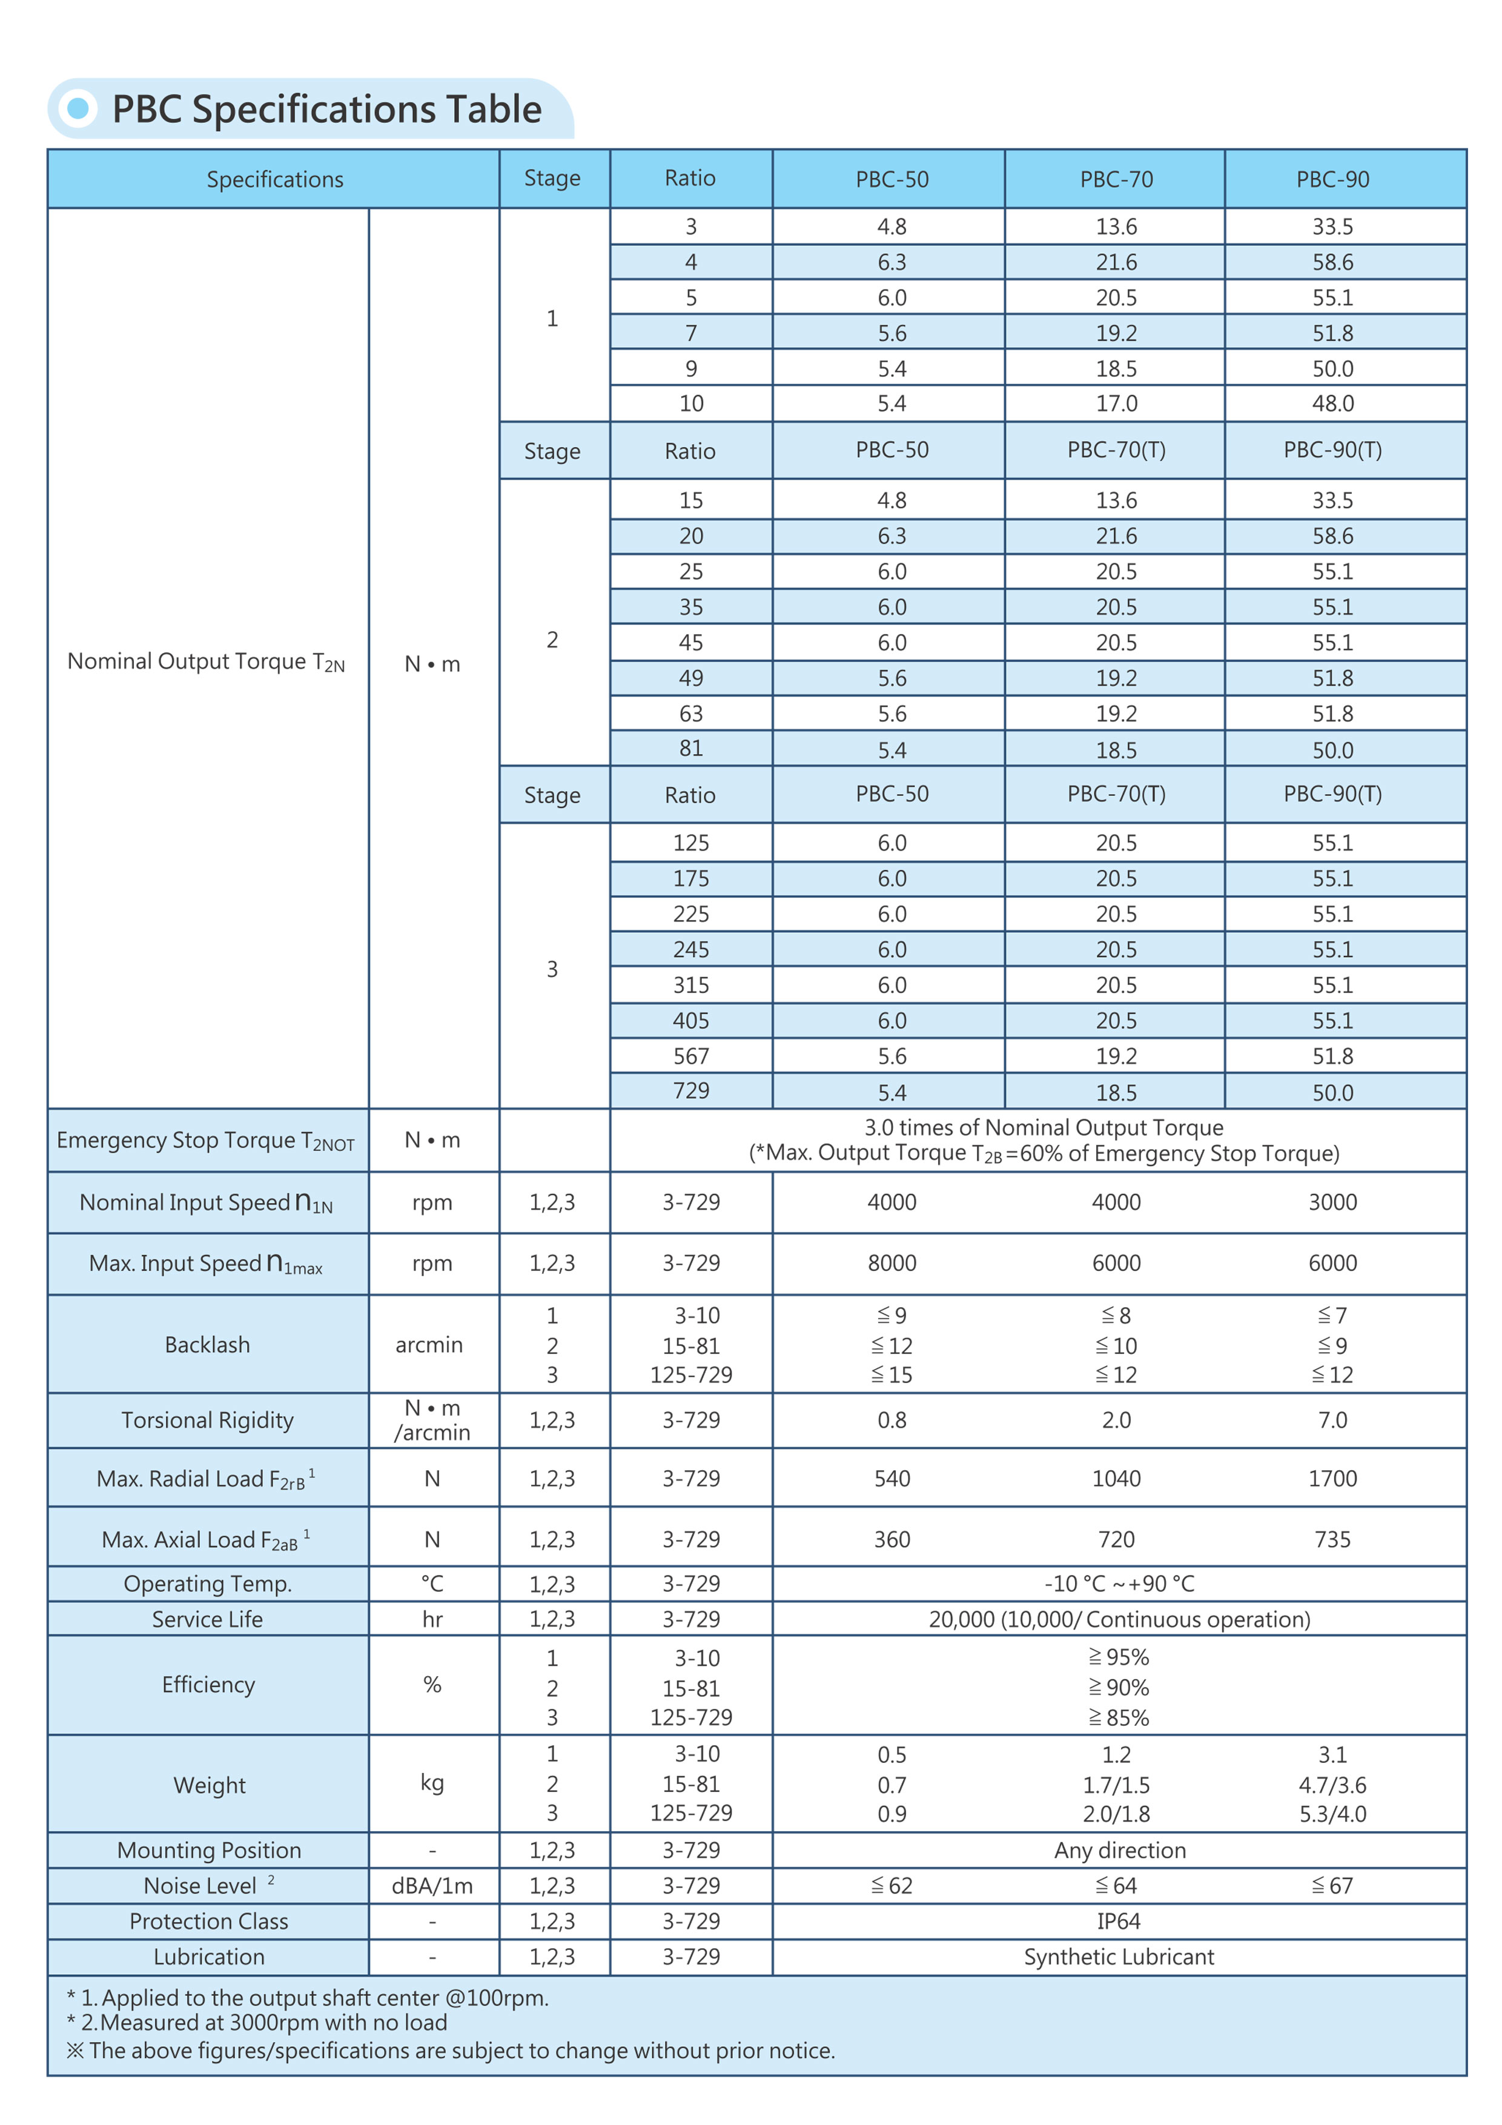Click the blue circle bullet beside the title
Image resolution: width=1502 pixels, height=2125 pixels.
(x=79, y=108)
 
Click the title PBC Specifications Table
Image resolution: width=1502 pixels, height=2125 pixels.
(x=326, y=109)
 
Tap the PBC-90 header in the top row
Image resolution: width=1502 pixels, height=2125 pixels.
(x=1332, y=179)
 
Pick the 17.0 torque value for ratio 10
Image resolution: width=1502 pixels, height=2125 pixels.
(x=1116, y=403)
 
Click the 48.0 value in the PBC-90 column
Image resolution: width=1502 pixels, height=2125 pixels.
(x=1332, y=403)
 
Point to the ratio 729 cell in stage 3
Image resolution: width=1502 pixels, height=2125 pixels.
(x=690, y=1090)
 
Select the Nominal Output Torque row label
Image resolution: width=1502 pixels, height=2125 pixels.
(x=205, y=661)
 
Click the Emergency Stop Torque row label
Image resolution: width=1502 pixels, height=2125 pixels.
(x=205, y=1140)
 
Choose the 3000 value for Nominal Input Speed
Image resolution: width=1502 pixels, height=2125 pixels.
(x=1332, y=1202)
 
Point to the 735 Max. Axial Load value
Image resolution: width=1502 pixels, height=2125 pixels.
(x=1332, y=1539)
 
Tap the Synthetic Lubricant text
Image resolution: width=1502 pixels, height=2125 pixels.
(x=1118, y=1957)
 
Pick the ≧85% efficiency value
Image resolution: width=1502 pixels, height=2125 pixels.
(x=1118, y=1718)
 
